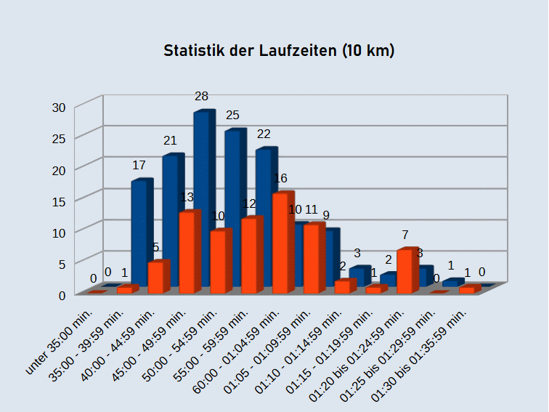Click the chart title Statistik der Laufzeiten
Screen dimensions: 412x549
pos(279,51)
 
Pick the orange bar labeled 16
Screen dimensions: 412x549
pos(282,240)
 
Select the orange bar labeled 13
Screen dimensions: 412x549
pos(188,251)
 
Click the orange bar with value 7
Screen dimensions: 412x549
pos(407,270)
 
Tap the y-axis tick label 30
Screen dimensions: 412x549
pos(59,107)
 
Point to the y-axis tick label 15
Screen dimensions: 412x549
pos(59,201)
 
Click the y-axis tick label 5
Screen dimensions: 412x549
pos(62,263)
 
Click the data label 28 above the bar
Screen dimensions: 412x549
pos(202,96)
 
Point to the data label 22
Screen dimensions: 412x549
pos(264,134)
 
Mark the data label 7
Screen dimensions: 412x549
pos(405,235)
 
